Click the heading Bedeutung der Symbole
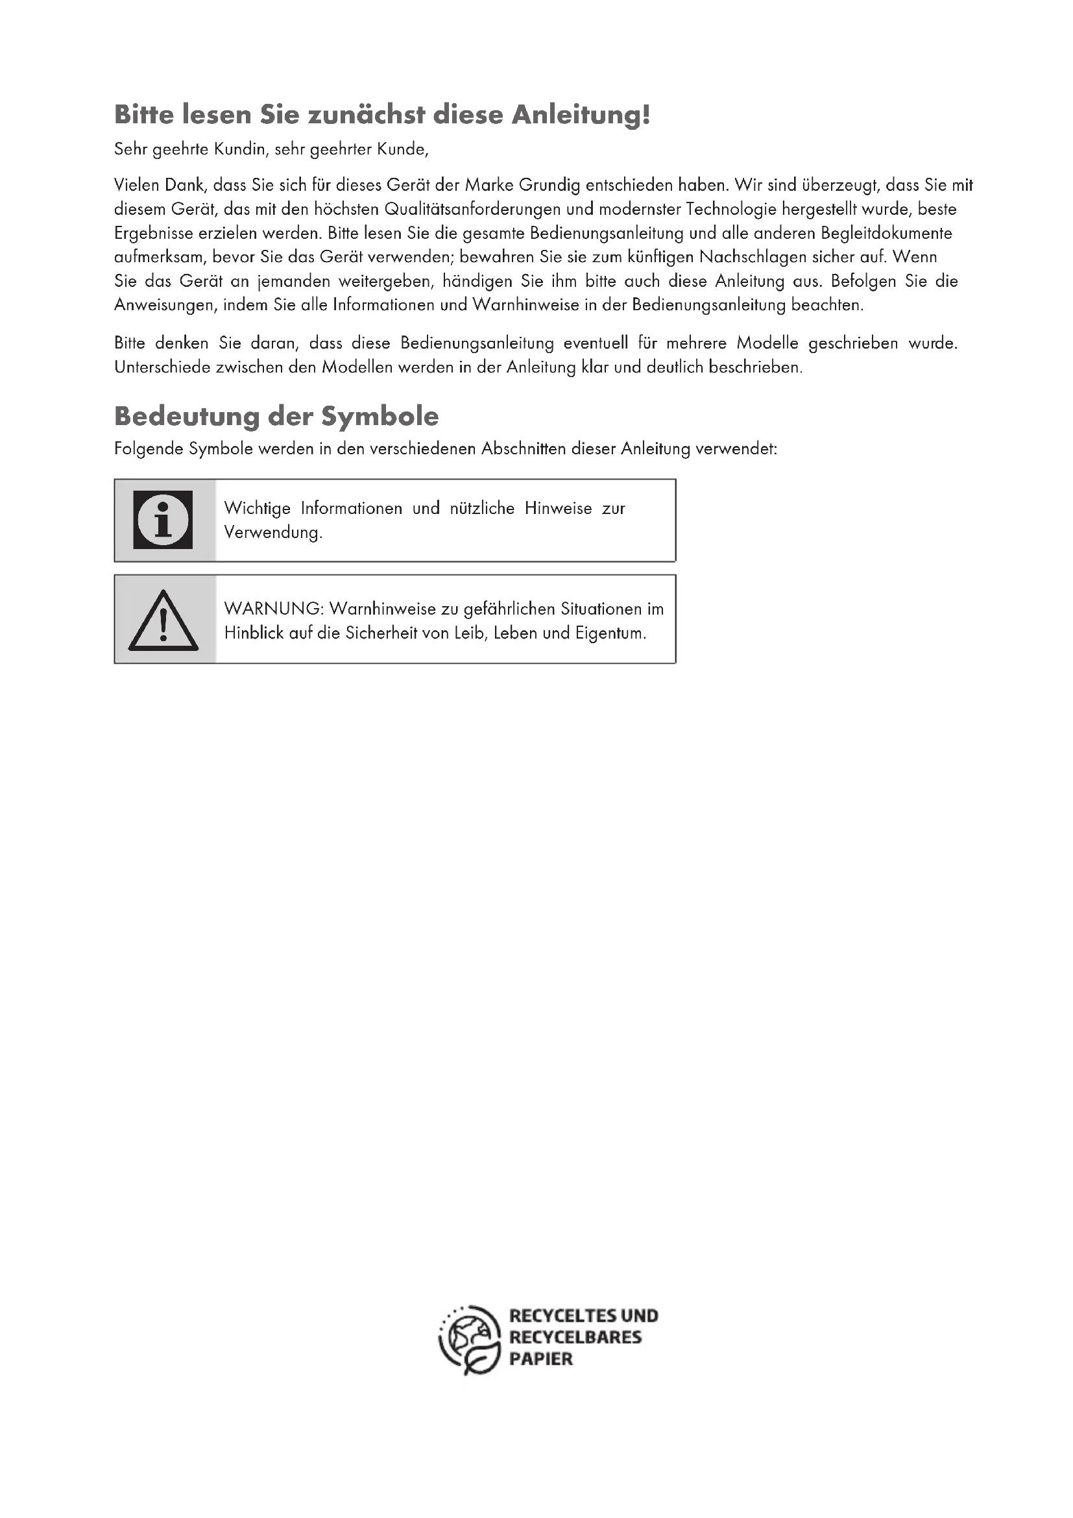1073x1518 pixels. pyautogui.click(x=276, y=416)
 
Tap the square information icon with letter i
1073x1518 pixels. pyautogui.click(x=163, y=520)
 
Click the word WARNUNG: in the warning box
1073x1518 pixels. pyautogui.click(x=274, y=608)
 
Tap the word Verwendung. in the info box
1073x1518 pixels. pyautogui.click(x=273, y=532)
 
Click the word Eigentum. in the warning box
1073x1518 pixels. pyautogui.click(x=610, y=633)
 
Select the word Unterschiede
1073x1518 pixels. pyautogui.click(x=163, y=367)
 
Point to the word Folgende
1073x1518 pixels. pyautogui.click(x=149, y=449)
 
